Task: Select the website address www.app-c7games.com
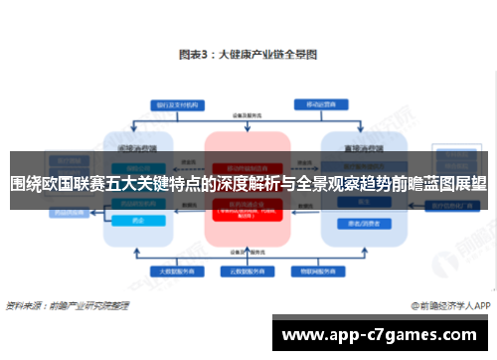tap(383, 335)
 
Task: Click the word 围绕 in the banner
tap(25, 184)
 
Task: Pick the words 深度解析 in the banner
tap(248, 184)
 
